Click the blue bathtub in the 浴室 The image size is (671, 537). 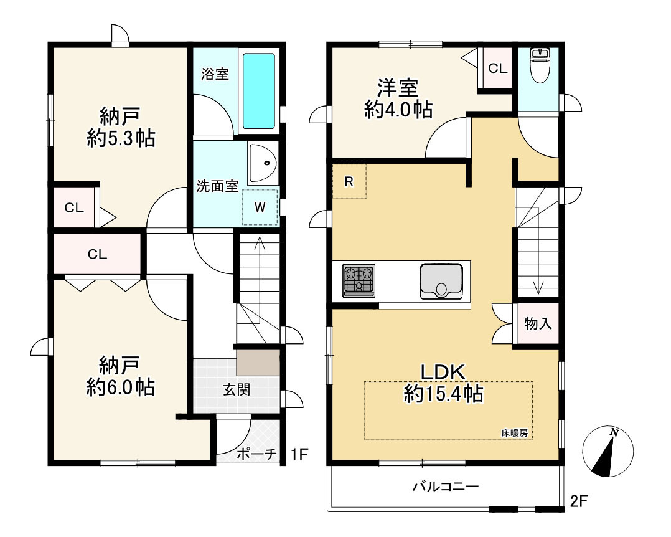[259, 91]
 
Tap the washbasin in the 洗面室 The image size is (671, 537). [263, 164]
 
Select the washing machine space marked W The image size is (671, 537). [260, 207]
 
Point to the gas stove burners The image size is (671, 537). [359, 280]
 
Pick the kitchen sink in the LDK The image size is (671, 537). [441, 281]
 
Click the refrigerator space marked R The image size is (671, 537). [349, 181]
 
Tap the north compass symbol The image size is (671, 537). [608, 452]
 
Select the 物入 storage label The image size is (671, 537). [538, 323]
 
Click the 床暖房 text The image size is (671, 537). [515, 433]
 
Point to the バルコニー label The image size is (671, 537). [445, 487]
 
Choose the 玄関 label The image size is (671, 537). [237, 390]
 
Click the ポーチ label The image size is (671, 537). [256, 454]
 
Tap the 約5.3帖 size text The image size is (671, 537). [121, 139]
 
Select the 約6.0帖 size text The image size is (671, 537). [120, 387]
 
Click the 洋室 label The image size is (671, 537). [398, 88]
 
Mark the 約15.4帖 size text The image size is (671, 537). [443, 394]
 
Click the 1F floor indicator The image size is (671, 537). [299, 454]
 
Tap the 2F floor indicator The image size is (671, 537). [579, 501]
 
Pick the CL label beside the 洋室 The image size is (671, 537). [498, 68]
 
